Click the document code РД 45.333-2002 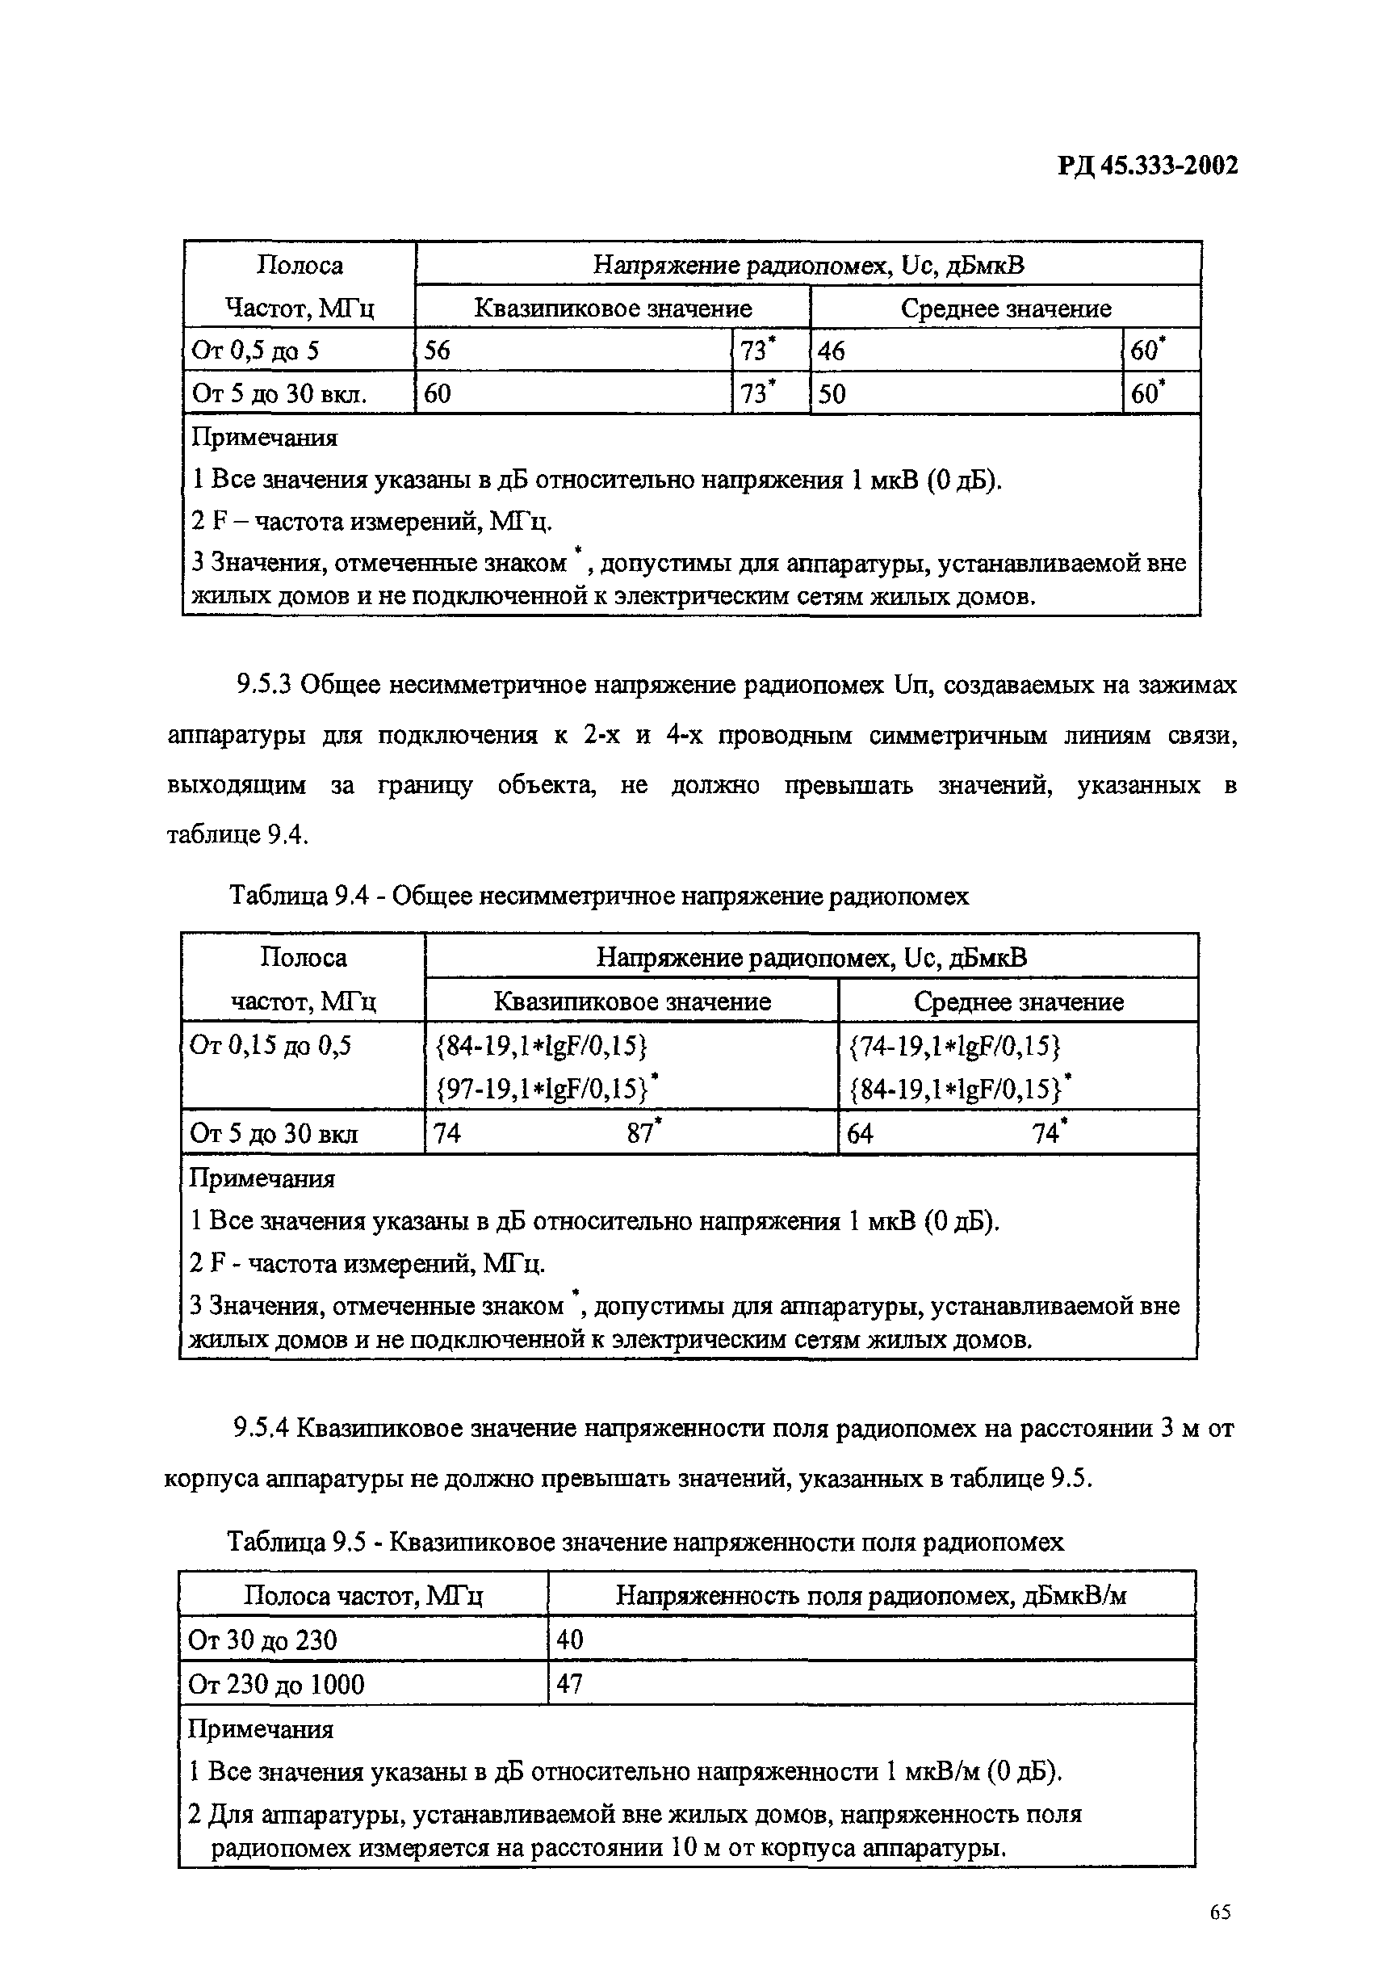pos(1147,165)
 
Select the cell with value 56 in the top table pos(438,351)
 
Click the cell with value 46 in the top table pos(832,351)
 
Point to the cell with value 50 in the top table pos(832,394)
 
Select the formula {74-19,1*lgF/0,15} pos(953,1045)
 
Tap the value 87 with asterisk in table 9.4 pos(643,1132)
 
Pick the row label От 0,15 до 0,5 pos(270,1045)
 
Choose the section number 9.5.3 pos(265,686)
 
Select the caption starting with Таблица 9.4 pos(598,896)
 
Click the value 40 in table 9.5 pos(571,1640)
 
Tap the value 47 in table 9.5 pos(571,1683)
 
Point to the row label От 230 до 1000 pos(276,1684)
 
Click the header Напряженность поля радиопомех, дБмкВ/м pos(871,1595)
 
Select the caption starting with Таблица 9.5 pos(645,1542)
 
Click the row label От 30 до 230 pos(262,1640)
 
